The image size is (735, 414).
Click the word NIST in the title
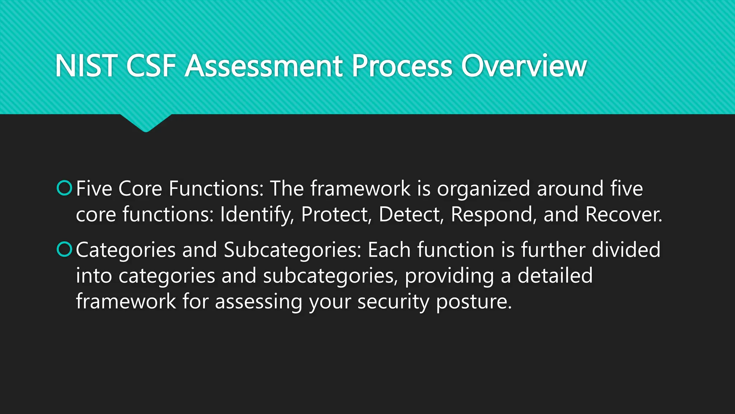point(86,66)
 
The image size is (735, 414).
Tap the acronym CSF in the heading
point(151,66)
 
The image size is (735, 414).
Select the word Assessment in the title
point(263,66)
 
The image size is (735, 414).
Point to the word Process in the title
point(402,66)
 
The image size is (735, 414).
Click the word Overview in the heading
point(524,66)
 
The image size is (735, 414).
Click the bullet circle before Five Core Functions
point(65,188)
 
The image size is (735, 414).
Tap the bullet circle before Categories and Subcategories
point(65,249)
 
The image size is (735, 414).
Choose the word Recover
point(623,215)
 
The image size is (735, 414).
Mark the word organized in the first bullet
point(483,189)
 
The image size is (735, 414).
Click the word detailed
point(555,275)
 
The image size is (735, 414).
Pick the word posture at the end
point(474,302)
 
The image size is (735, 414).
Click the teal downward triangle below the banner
point(146,122)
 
